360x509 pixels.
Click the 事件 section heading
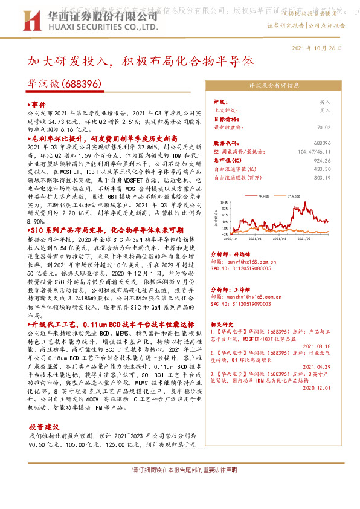pyautogui.click(x=37, y=104)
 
